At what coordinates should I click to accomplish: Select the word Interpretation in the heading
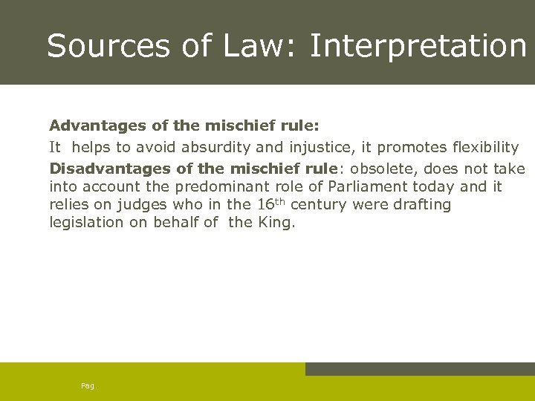click(418, 46)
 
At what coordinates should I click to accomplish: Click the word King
click(276, 223)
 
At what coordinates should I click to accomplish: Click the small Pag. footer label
click(88, 386)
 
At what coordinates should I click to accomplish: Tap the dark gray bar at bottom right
click(420, 369)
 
